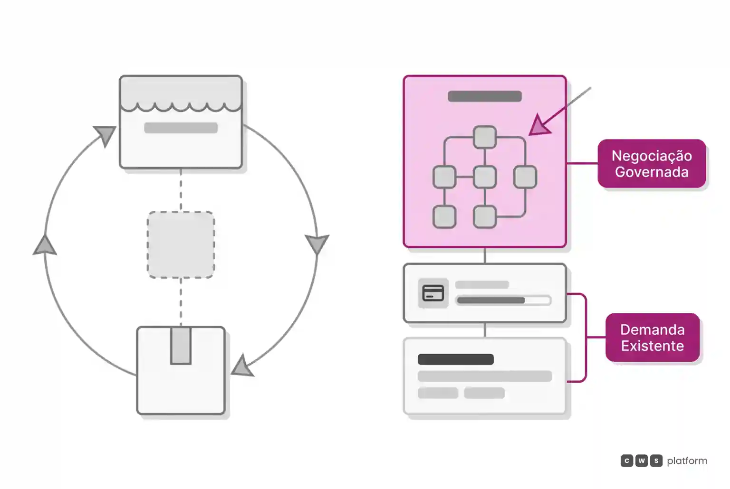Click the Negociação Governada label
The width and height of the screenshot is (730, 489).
(652, 164)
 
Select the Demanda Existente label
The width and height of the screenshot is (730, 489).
(653, 338)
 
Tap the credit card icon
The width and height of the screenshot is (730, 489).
(433, 293)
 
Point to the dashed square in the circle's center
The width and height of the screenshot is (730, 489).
(181, 245)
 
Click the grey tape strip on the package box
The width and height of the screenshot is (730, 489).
(181, 346)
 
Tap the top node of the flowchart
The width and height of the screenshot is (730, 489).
(485, 137)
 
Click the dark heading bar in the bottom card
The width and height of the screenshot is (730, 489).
(456, 359)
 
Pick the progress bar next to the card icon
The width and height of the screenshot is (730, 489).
(504, 300)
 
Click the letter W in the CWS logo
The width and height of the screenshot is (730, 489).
(641, 461)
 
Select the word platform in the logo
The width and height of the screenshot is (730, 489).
(687, 461)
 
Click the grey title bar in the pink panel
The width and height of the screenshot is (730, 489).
(485, 96)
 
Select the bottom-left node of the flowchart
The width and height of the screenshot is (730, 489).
(444, 216)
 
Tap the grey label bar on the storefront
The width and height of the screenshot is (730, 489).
(181, 128)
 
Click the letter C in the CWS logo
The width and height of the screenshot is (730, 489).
(627, 461)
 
